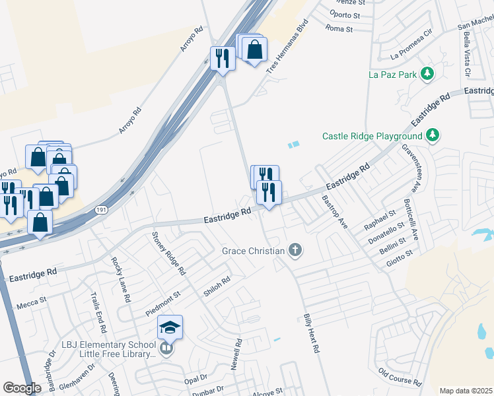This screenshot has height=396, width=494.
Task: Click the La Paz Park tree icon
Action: click(x=427, y=74)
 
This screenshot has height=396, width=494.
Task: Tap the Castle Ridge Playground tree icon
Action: click(x=433, y=136)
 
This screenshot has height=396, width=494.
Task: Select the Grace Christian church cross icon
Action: click(x=295, y=250)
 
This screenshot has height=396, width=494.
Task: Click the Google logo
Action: click(x=21, y=388)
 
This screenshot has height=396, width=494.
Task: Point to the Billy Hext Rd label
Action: click(x=311, y=333)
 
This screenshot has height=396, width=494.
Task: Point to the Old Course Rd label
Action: click(x=399, y=377)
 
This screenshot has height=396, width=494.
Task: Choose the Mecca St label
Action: click(x=32, y=300)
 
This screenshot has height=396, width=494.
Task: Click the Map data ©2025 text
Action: click(x=466, y=391)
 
